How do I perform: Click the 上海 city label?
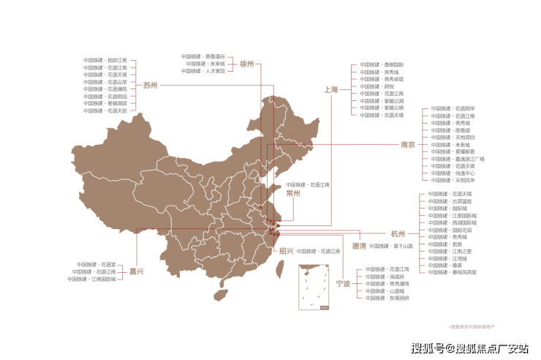click(x=330, y=89)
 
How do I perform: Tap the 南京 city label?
click(x=407, y=144)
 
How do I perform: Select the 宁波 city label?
click(x=342, y=282)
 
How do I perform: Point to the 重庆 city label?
click(x=136, y=271)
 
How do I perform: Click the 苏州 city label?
click(x=150, y=85)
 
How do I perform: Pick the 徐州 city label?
click(x=246, y=64)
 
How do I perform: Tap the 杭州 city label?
click(x=397, y=233)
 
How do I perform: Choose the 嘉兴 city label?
click(x=286, y=251)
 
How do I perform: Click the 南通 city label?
click(x=293, y=194)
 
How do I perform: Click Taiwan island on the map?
click(x=279, y=270)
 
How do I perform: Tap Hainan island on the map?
click(x=219, y=296)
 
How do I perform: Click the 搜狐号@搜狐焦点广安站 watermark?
click(x=468, y=347)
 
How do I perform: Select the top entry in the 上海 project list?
click(x=382, y=64)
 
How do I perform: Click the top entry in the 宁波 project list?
click(x=387, y=269)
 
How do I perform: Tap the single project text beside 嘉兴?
click(x=319, y=251)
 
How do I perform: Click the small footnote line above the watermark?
click(x=471, y=324)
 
